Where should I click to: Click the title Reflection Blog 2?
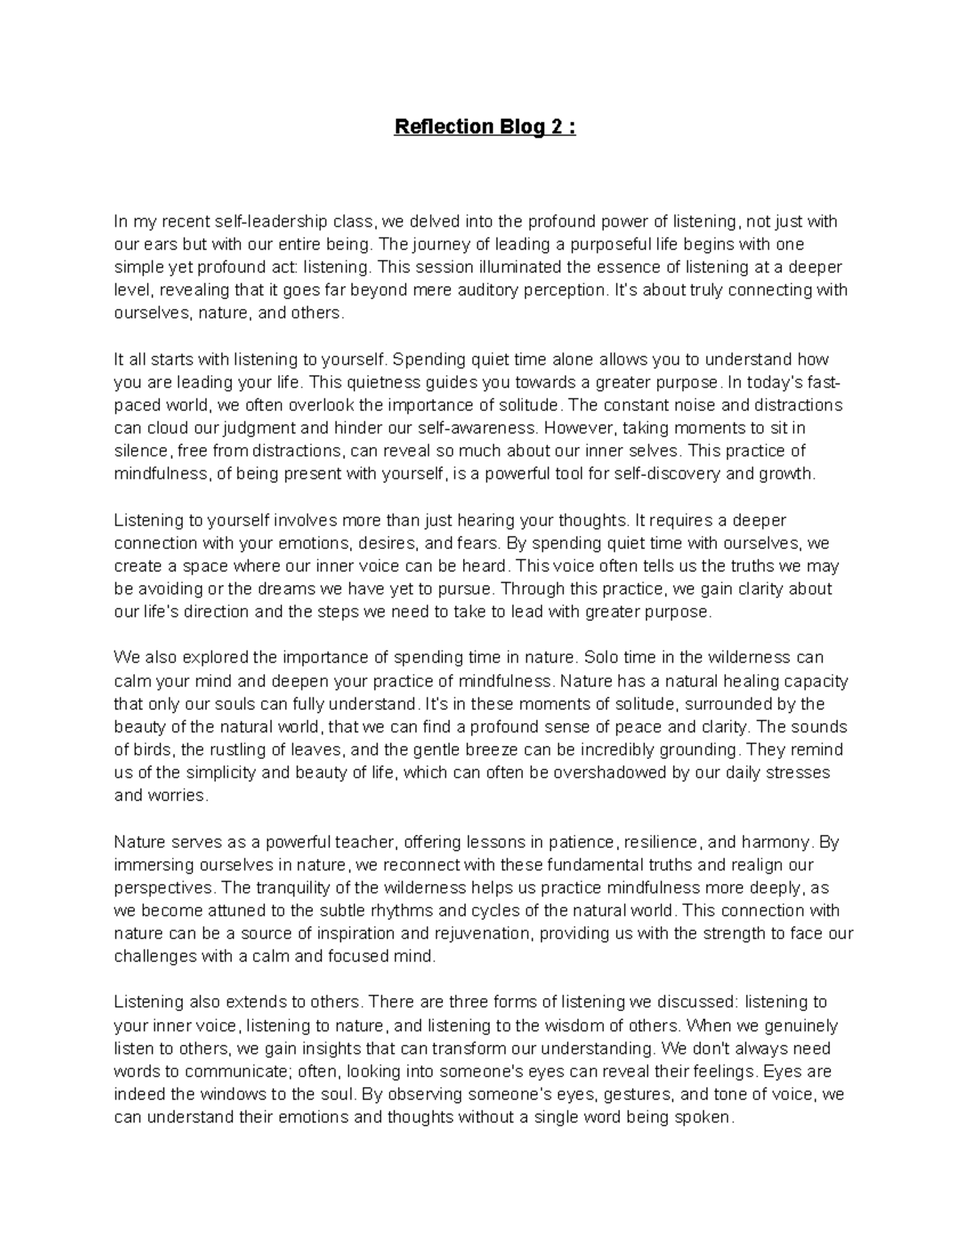click(x=484, y=127)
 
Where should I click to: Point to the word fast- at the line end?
click(x=825, y=381)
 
